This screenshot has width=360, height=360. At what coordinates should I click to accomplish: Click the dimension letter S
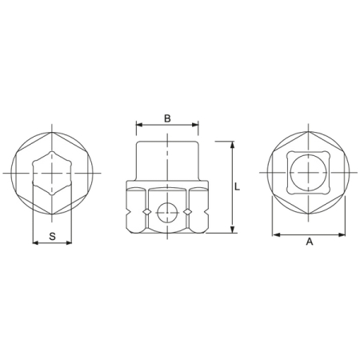(52, 236)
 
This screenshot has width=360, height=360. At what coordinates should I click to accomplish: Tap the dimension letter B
(167, 118)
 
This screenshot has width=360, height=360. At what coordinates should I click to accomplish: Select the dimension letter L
(238, 186)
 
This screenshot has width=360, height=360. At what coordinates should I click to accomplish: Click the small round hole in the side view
(167, 211)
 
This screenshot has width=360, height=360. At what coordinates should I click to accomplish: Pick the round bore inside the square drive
(309, 172)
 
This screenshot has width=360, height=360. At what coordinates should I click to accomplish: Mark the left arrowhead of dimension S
(34, 242)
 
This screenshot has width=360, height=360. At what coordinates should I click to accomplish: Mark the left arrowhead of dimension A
(275, 235)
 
